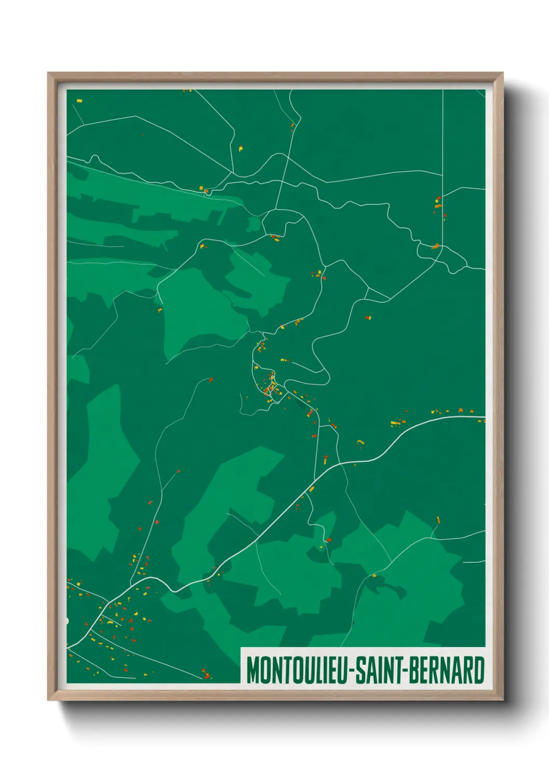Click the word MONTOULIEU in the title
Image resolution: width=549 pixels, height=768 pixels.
[x=298, y=670]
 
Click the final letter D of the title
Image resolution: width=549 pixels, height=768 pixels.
[x=479, y=670]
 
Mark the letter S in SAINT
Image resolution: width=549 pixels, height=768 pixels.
[x=362, y=670]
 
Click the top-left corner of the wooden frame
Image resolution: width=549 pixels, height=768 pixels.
[x=49, y=74]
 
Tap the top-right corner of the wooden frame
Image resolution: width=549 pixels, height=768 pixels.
[x=502, y=74]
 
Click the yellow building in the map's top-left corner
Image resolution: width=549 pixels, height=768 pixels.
[x=79, y=100]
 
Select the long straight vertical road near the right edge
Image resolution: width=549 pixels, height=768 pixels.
[x=443, y=156]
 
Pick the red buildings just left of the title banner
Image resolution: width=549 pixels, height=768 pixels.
[x=206, y=674]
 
